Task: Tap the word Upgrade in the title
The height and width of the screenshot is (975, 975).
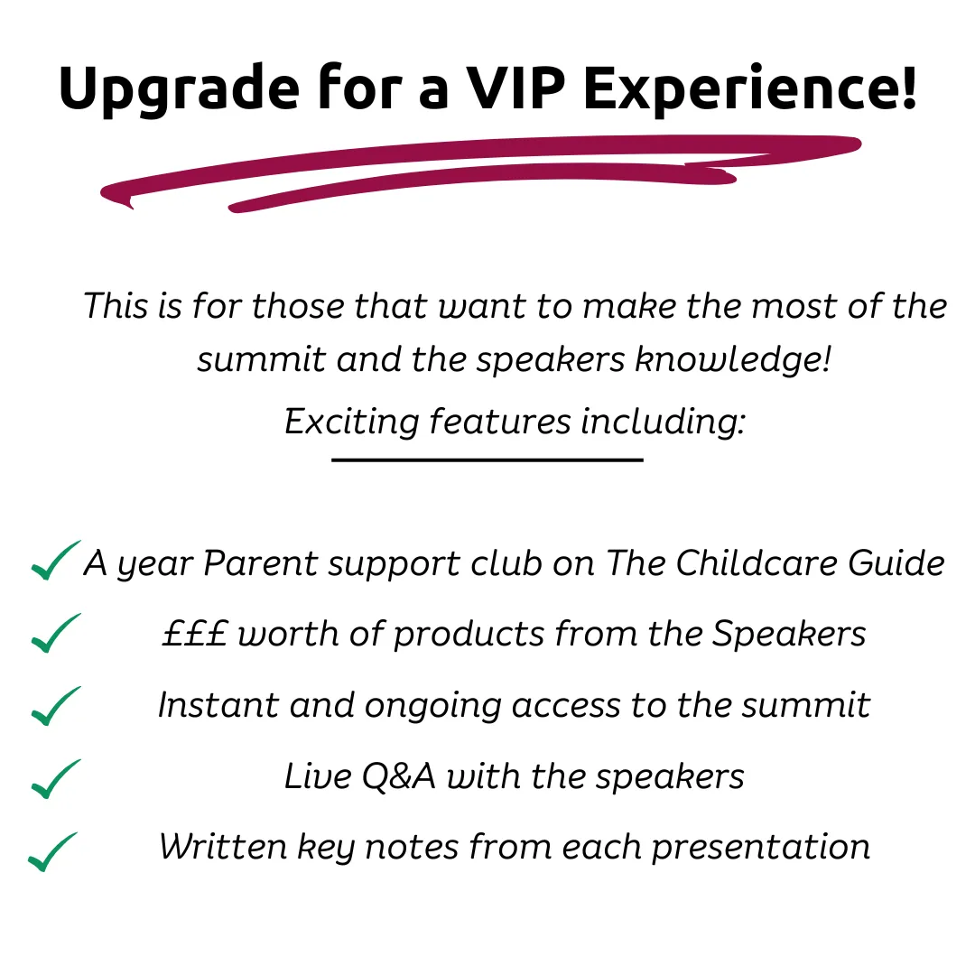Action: (x=179, y=90)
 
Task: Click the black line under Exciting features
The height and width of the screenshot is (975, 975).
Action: (x=487, y=460)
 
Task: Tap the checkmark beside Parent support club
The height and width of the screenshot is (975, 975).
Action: (x=56, y=561)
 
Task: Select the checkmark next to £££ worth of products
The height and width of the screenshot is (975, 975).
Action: (x=56, y=633)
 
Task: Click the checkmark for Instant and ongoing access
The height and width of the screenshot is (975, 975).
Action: (x=56, y=706)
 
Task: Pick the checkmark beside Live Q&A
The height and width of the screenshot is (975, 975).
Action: (x=56, y=778)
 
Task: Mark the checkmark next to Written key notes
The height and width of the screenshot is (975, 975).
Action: (x=53, y=851)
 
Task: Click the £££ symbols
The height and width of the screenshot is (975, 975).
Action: (x=195, y=634)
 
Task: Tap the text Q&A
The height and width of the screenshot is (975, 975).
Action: (x=398, y=776)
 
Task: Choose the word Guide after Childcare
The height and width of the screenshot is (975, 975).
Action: (x=896, y=563)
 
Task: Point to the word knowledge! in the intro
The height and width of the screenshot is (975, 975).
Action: (x=732, y=360)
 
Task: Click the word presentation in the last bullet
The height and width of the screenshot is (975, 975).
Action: (x=760, y=848)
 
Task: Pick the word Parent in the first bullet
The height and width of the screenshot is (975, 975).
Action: (x=261, y=563)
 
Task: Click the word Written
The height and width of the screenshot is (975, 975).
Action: (x=223, y=847)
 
